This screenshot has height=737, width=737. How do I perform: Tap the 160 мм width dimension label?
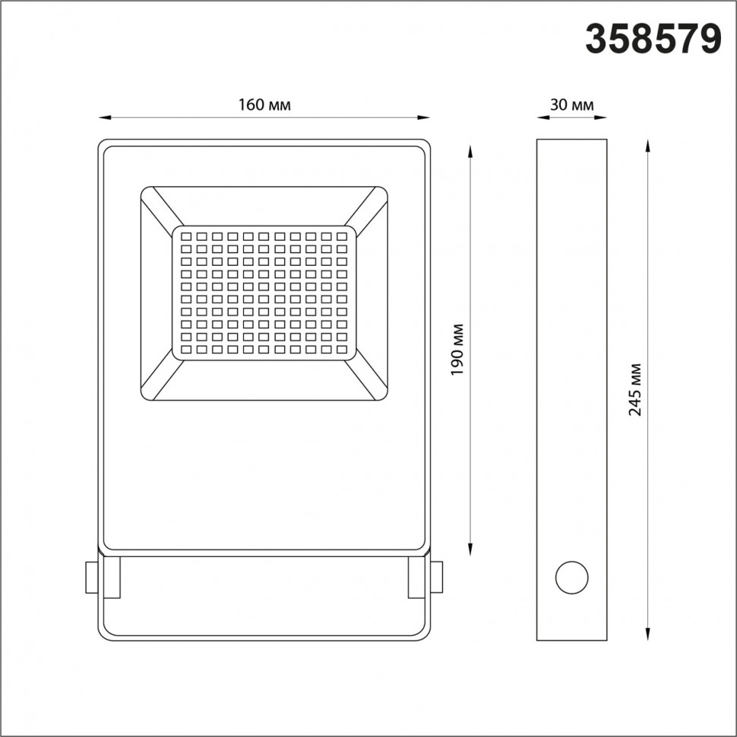click(x=264, y=106)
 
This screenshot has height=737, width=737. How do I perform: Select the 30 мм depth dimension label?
click(x=571, y=106)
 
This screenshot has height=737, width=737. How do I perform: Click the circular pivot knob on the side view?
click(x=571, y=578)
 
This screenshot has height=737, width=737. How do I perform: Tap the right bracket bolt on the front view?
click(x=437, y=577)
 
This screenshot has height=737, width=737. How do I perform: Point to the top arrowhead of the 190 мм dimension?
click(x=471, y=151)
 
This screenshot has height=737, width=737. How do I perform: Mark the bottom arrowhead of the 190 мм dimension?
click(x=471, y=546)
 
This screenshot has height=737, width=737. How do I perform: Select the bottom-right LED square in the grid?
click(x=343, y=349)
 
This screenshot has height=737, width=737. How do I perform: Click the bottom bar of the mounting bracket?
click(x=264, y=635)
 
